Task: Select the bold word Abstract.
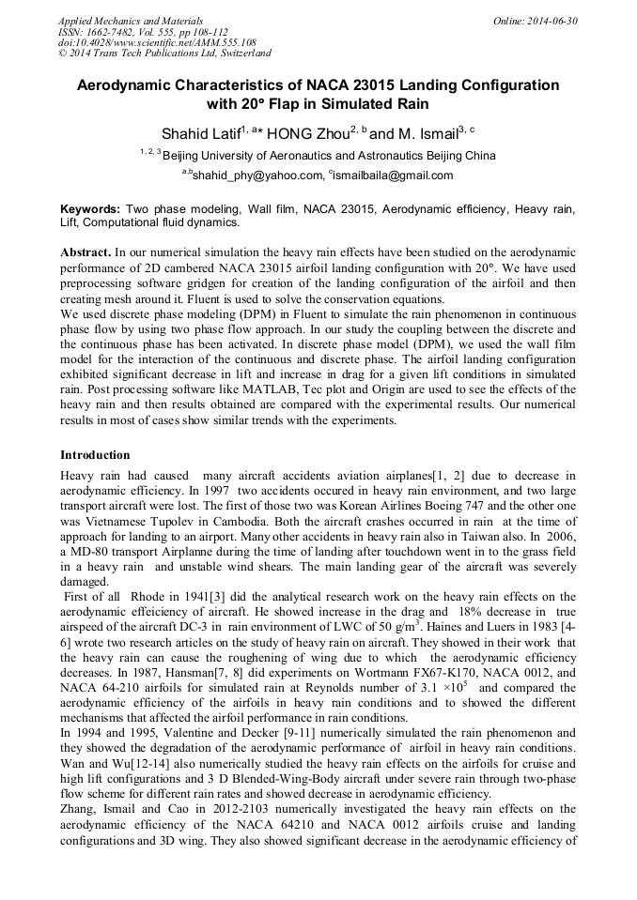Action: [x=85, y=253]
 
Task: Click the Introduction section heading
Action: [x=95, y=455]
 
